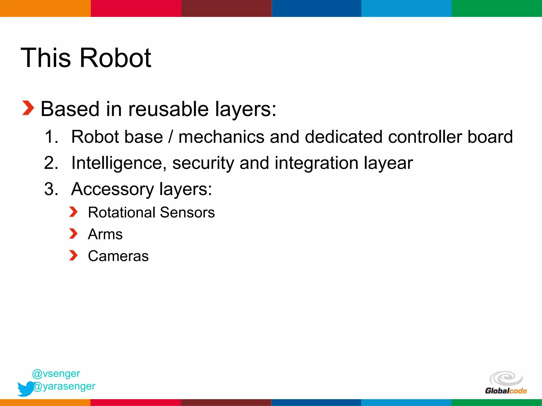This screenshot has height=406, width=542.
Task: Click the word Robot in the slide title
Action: (x=115, y=58)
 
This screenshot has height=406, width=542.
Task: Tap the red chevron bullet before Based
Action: (x=28, y=108)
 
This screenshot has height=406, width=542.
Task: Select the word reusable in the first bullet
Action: (x=169, y=109)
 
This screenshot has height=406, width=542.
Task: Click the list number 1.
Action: (x=51, y=137)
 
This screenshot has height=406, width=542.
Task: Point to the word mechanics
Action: (x=222, y=137)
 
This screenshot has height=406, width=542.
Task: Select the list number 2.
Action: (x=51, y=163)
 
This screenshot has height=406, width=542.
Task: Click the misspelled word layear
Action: (x=388, y=163)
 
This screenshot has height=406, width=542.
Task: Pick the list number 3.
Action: (x=51, y=189)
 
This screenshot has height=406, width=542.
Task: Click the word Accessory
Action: (x=112, y=189)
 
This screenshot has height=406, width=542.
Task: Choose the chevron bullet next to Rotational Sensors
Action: (x=73, y=212)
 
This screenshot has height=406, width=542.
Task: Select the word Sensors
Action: (x=187, y=213)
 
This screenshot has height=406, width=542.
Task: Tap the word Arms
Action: (x=105, y=234)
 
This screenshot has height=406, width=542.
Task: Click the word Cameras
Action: (x=118, y=256)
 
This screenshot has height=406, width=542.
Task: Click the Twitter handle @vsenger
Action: (x=56, y=373)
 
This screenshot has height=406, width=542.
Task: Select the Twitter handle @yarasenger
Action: (x=64, y=386)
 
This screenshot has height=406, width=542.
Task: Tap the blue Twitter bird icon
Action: (x=25, y=389)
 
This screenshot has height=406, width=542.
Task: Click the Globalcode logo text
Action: (x=506, y=391)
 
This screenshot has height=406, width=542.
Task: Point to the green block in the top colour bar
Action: (x=497, y=8)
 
